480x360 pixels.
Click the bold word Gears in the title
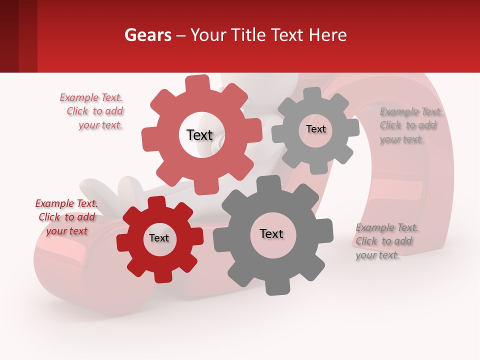147,35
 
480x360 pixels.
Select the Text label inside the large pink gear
199,135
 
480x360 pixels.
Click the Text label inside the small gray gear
315,129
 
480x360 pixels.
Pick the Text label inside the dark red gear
159,238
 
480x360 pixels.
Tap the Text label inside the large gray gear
271,233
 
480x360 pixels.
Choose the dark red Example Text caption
66,217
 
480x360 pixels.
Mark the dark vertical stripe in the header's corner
9,36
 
